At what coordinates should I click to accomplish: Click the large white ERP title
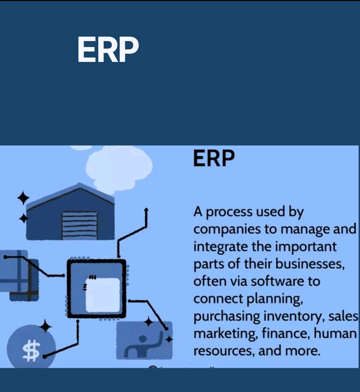tap(108, 49)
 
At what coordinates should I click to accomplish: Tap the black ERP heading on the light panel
tap(214, 158)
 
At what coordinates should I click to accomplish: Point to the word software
tap(277, 281)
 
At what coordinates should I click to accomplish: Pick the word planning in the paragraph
tap(275, 299)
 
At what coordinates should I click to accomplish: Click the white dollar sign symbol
tap(31, 350)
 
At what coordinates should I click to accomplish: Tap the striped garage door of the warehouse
tap(79, 225)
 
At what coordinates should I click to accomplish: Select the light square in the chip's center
tap(103, 295)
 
